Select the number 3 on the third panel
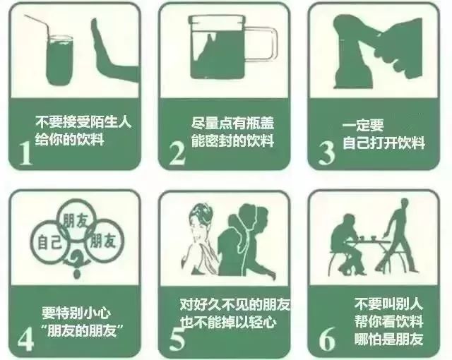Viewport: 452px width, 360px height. [x=326, y=152]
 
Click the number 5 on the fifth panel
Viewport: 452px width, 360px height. [x=178, y=338]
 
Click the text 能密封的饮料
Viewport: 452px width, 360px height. [x=232, y=140]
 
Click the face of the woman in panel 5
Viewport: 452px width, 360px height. [x=200, y=226]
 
